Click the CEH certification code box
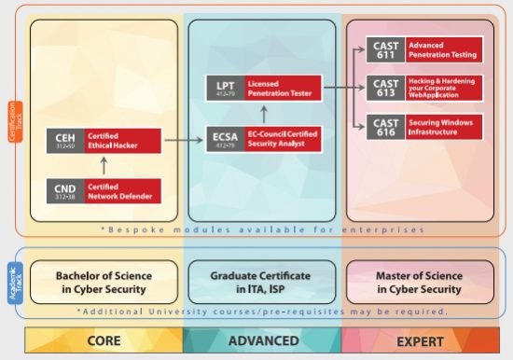63,141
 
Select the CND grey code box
63,191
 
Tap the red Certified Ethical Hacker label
123,141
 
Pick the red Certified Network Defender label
123,191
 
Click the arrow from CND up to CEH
103,166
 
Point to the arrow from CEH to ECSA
183,141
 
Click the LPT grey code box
224,90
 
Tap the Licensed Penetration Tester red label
283,90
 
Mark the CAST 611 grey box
385,50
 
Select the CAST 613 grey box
385,90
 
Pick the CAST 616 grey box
385,128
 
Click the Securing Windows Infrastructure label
443,128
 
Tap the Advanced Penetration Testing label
443,50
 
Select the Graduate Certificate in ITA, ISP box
262,283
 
